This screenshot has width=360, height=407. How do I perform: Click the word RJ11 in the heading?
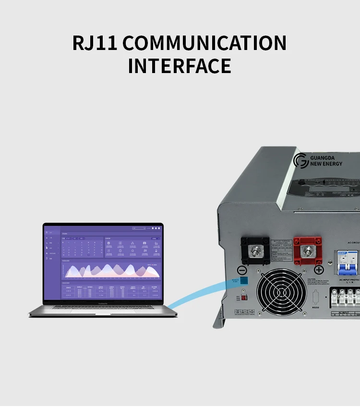95,43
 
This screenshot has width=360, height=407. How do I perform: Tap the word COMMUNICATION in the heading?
204,43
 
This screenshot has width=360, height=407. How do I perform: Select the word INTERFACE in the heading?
180,66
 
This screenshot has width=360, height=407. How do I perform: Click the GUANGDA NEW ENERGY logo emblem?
301,160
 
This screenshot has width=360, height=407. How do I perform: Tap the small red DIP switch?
243,298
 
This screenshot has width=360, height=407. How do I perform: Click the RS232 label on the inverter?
316,308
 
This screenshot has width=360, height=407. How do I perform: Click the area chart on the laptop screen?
112,271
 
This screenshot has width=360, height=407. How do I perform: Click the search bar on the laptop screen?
139,228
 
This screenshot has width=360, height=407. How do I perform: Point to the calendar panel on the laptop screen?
82,247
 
